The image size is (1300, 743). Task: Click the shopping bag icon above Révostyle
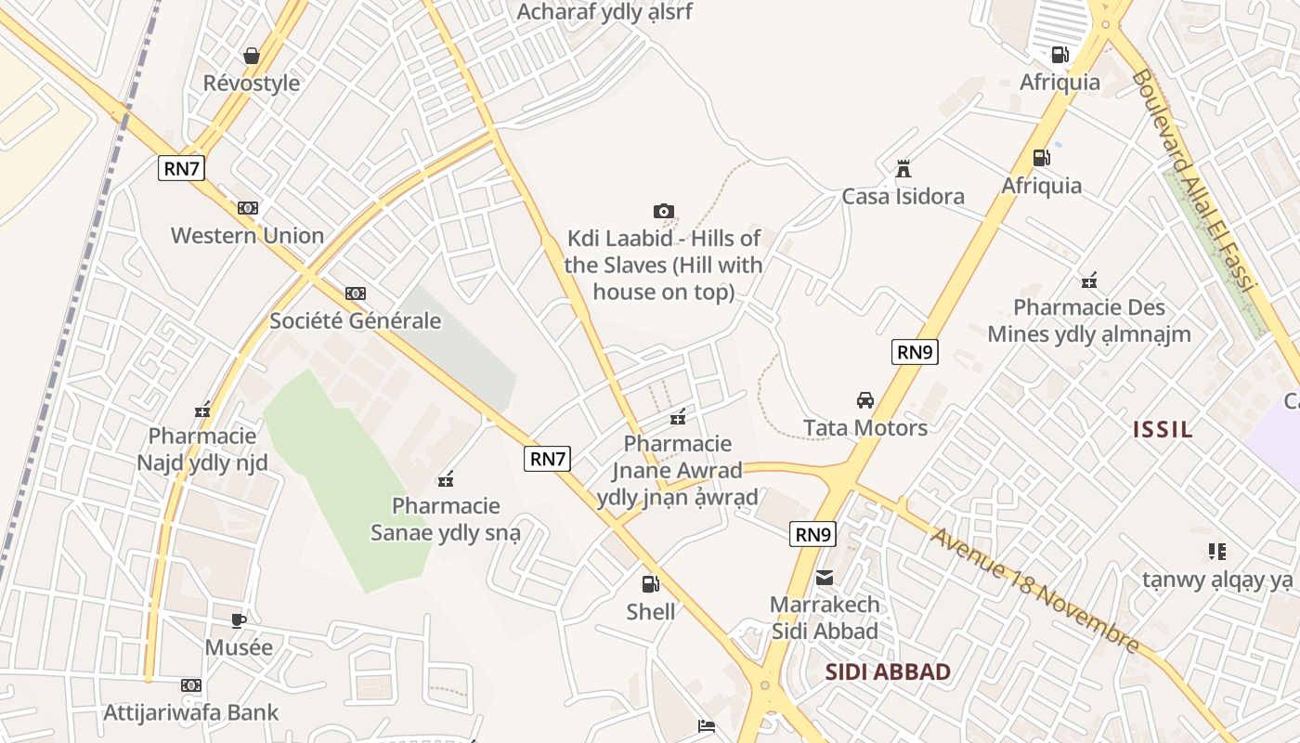click(x=251, y=56)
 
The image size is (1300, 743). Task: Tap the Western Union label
click(x=247, y=235)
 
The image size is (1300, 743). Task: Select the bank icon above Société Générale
click(x=355, y=293)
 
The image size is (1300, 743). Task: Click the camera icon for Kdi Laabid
click(x=663, y=212)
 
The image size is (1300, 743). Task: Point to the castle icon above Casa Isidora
click(x=903, y=169)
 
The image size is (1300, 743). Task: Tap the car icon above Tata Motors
click(x=865, y=400)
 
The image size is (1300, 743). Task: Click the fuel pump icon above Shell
click(x=650, y=584)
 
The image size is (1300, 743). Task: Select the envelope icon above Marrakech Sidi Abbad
click(x=825, y=578)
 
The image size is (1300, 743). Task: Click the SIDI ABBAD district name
click(x=888, y=672)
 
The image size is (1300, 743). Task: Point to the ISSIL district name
click(x=1163, y=429)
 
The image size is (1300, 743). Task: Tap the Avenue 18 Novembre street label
click(x=1034, y=591)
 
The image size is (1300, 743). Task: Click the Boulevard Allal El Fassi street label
click(x=1193, y=181)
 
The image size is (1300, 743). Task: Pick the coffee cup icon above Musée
click(x=239, y=620)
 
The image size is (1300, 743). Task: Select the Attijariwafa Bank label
click(x=191, y=712)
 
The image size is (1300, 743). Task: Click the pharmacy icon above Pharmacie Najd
click(x=202, y=410)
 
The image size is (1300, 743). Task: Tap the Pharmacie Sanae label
click(x=446, y=519)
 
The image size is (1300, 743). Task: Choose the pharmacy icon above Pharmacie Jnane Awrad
click(x=679, y=416)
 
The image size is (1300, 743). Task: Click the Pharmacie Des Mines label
click(x=1088, y=320)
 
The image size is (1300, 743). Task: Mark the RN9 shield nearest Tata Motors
click(x=915, y=352)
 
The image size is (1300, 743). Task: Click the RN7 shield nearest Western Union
click(x=181, y=168)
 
